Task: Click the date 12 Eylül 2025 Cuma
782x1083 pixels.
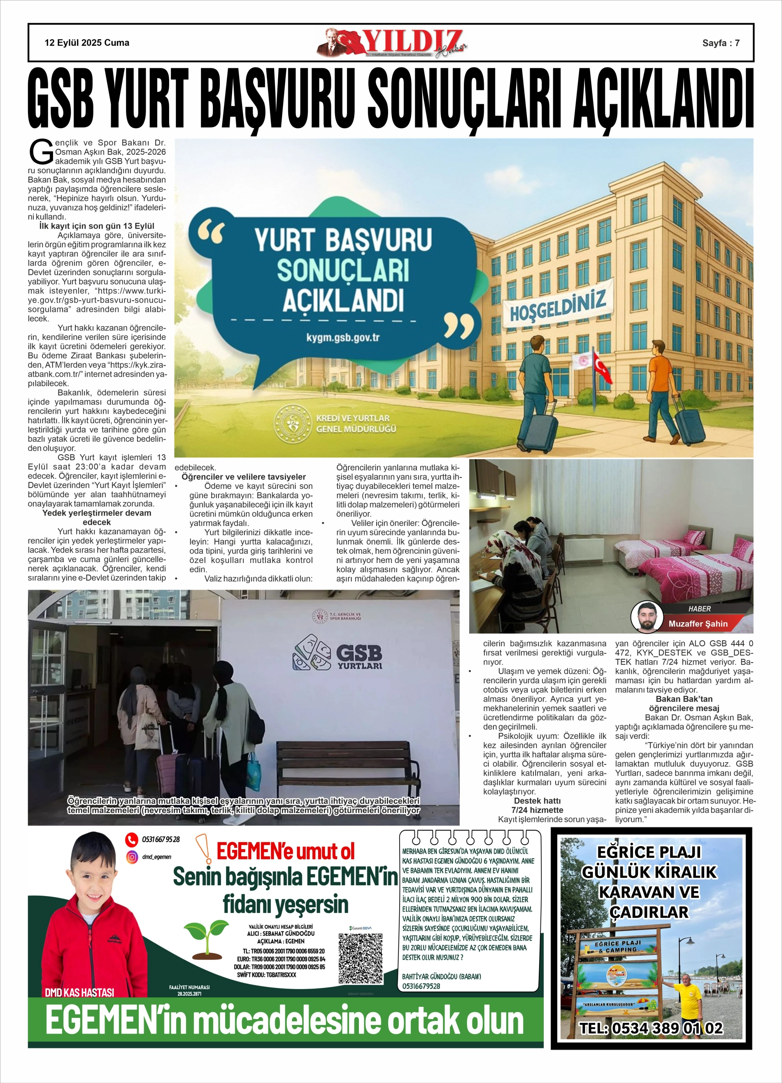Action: click(87, 43)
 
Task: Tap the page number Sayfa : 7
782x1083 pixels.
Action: click(720, 43)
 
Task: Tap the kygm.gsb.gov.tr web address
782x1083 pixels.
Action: click(342, 338)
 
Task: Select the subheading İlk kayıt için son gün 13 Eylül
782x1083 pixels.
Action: click(96, 226)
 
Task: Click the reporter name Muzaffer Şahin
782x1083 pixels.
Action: click(698, 623)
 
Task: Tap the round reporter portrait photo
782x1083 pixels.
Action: click(647, 617)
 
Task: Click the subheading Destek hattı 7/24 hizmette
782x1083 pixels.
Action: click(537, 805)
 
